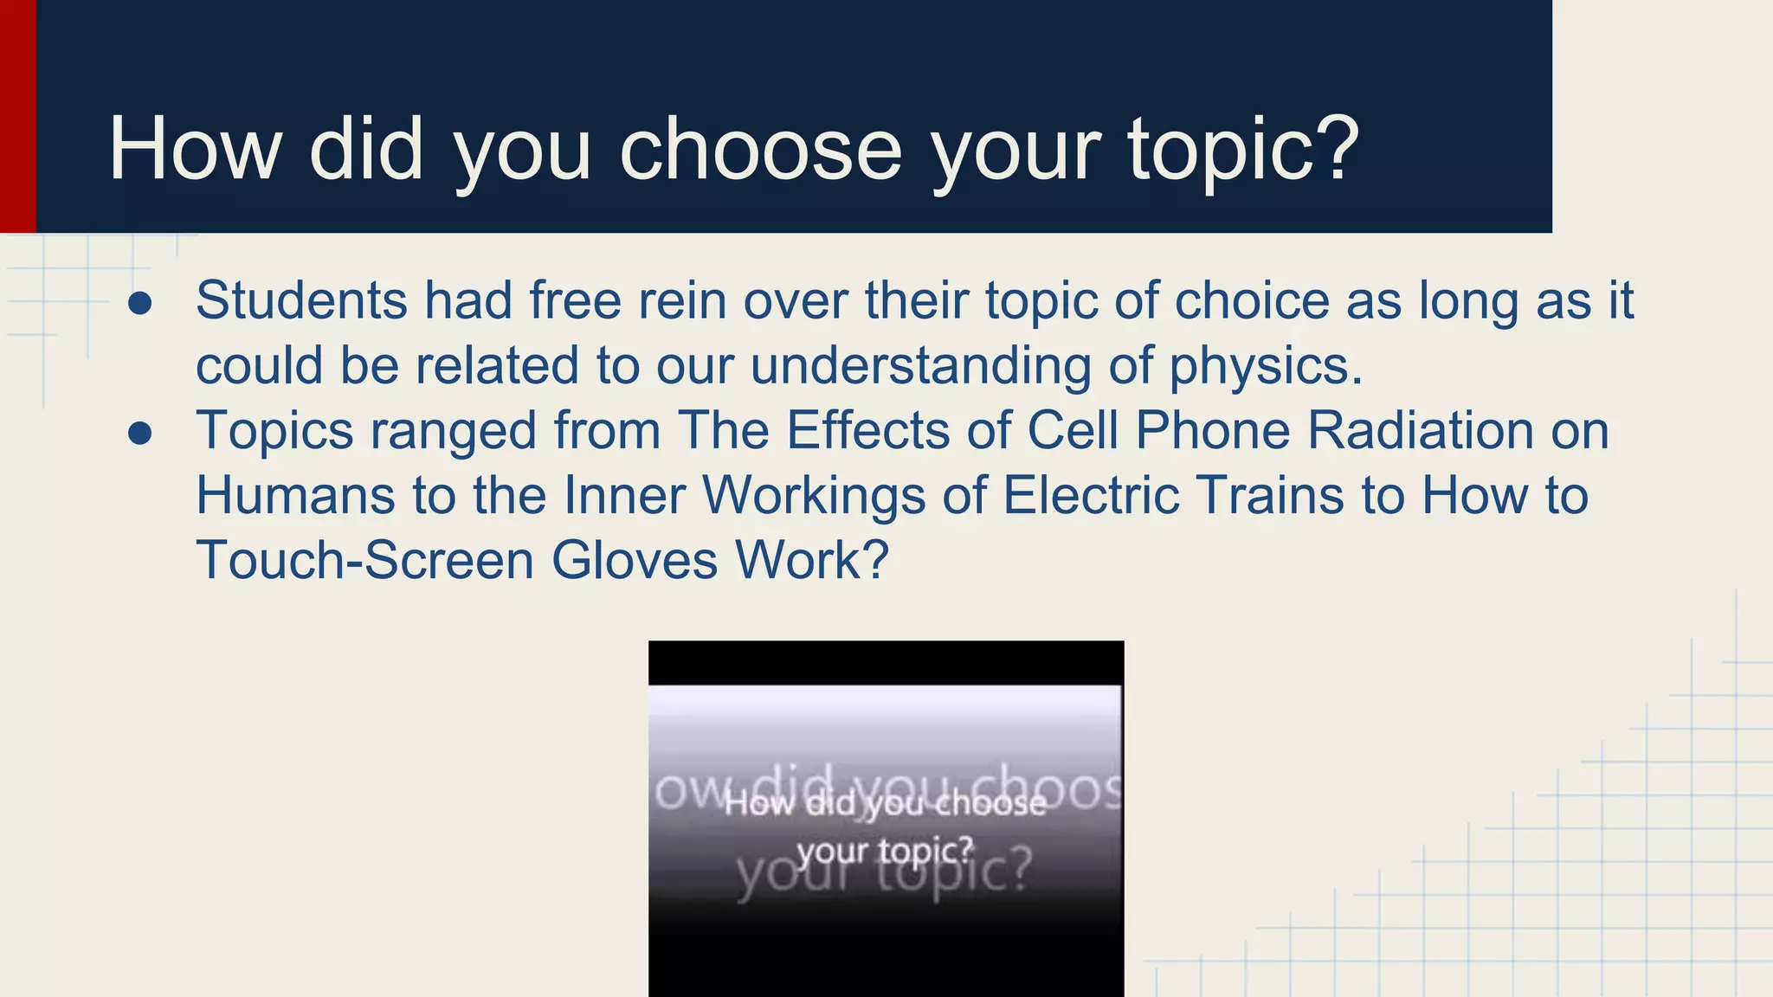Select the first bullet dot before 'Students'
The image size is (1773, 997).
140,304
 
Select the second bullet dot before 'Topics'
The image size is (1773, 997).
140,433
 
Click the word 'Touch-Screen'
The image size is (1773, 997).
364,560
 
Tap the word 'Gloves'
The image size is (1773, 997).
635,560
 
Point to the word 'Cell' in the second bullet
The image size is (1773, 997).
1073,430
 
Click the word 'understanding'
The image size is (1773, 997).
920,365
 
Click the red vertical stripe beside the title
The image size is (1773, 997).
17,116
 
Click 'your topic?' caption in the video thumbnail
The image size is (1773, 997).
885,852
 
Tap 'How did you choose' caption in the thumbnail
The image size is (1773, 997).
885,804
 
